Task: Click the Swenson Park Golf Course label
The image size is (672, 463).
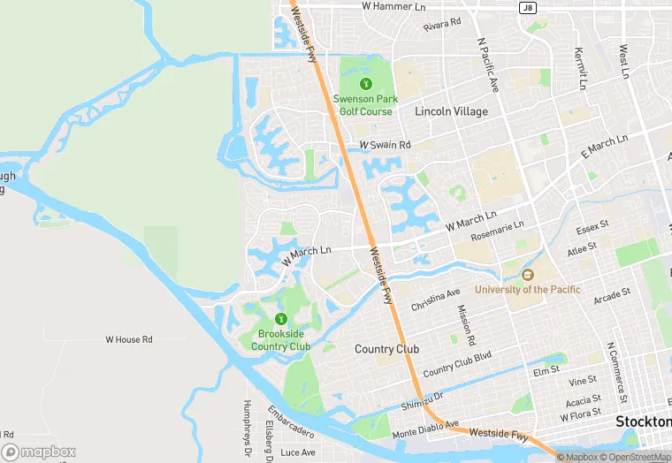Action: click(363, 105)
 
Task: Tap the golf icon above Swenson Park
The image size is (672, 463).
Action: click(363, 83)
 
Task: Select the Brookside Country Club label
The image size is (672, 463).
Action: click(280, 340)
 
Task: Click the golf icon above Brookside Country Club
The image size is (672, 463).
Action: click(280, 319)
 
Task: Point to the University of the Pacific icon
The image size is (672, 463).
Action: click(528, 276)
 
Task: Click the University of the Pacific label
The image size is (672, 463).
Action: click(528, 290)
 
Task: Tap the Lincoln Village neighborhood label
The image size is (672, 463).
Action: click(451, 111)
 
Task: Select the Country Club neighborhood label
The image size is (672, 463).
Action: click(386, 349)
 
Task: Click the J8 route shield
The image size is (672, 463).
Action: click(528, 8)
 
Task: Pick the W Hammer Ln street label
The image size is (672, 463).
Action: click(393, 6)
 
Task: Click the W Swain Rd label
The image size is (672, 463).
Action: click(385, 145)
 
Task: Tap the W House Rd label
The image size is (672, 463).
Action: click(129, 339)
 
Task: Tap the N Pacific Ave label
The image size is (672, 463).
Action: click(488, 67)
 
